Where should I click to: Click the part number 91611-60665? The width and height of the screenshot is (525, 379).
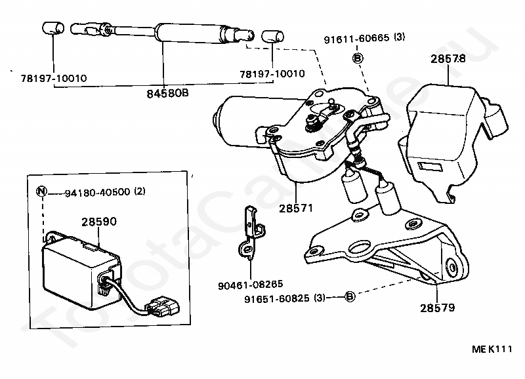[x=355, y=39]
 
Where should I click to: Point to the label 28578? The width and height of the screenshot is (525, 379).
[x=448, y=58]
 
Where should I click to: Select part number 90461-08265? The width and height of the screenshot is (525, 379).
[x=249, y=285]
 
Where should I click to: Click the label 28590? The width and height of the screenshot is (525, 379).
[x=98, y=222]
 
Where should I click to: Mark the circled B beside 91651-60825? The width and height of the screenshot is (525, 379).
[x=350, y=298]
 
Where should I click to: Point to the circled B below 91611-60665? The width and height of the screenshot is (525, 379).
[x=358, y=58]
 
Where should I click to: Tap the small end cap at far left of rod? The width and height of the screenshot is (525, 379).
[x=51, y=29]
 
